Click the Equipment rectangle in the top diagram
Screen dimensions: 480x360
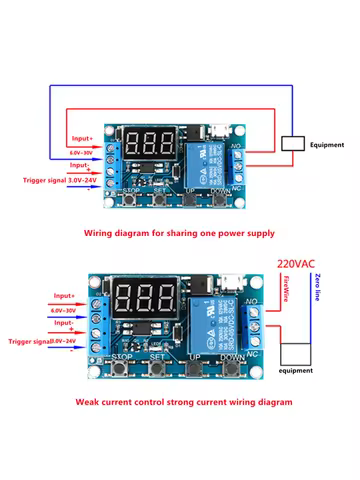pyautogui.click(x=294, y=143)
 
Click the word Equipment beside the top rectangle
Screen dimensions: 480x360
pyautogui.click(x=329, y=144)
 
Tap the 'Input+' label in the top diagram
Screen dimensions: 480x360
pyautogui.click(x=84, y=138)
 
